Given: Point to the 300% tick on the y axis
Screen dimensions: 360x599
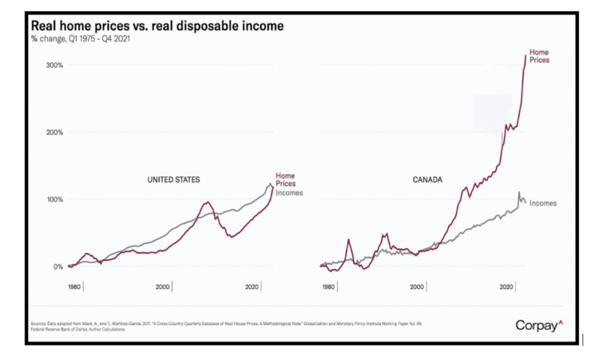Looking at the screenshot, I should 52,65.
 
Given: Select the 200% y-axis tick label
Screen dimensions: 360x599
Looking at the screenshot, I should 52,132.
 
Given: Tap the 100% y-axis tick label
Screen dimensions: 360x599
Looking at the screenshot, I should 52,199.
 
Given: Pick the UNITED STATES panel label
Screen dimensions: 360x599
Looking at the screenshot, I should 173,180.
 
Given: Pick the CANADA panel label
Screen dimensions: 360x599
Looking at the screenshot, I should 428,180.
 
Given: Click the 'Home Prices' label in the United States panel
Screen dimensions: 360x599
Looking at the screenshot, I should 285,180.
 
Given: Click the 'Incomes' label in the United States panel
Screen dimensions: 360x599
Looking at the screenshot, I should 289,193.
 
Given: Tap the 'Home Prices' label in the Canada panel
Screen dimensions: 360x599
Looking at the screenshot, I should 539,56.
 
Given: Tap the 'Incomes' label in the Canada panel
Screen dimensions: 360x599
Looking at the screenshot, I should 543,204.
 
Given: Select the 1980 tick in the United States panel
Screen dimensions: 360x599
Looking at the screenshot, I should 75,287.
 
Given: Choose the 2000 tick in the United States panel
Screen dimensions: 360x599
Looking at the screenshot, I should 163,287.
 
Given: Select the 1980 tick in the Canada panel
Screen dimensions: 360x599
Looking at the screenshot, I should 327,287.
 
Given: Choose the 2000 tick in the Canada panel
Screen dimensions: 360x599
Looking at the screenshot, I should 416,287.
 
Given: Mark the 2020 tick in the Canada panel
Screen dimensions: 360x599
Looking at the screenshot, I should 505,287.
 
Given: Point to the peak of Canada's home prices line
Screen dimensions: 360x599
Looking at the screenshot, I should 526,55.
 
